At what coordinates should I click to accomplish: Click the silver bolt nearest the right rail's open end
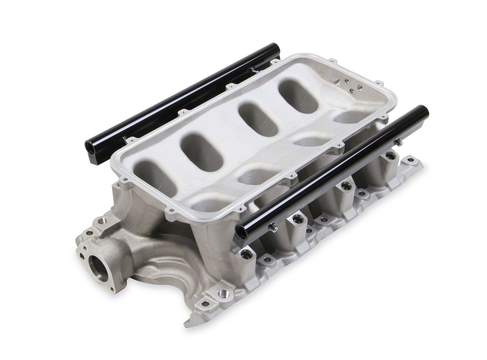tap(272, 228)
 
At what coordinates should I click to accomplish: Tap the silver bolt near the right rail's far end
tap(398, 143)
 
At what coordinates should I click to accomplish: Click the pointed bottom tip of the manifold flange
tap(188, 325)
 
